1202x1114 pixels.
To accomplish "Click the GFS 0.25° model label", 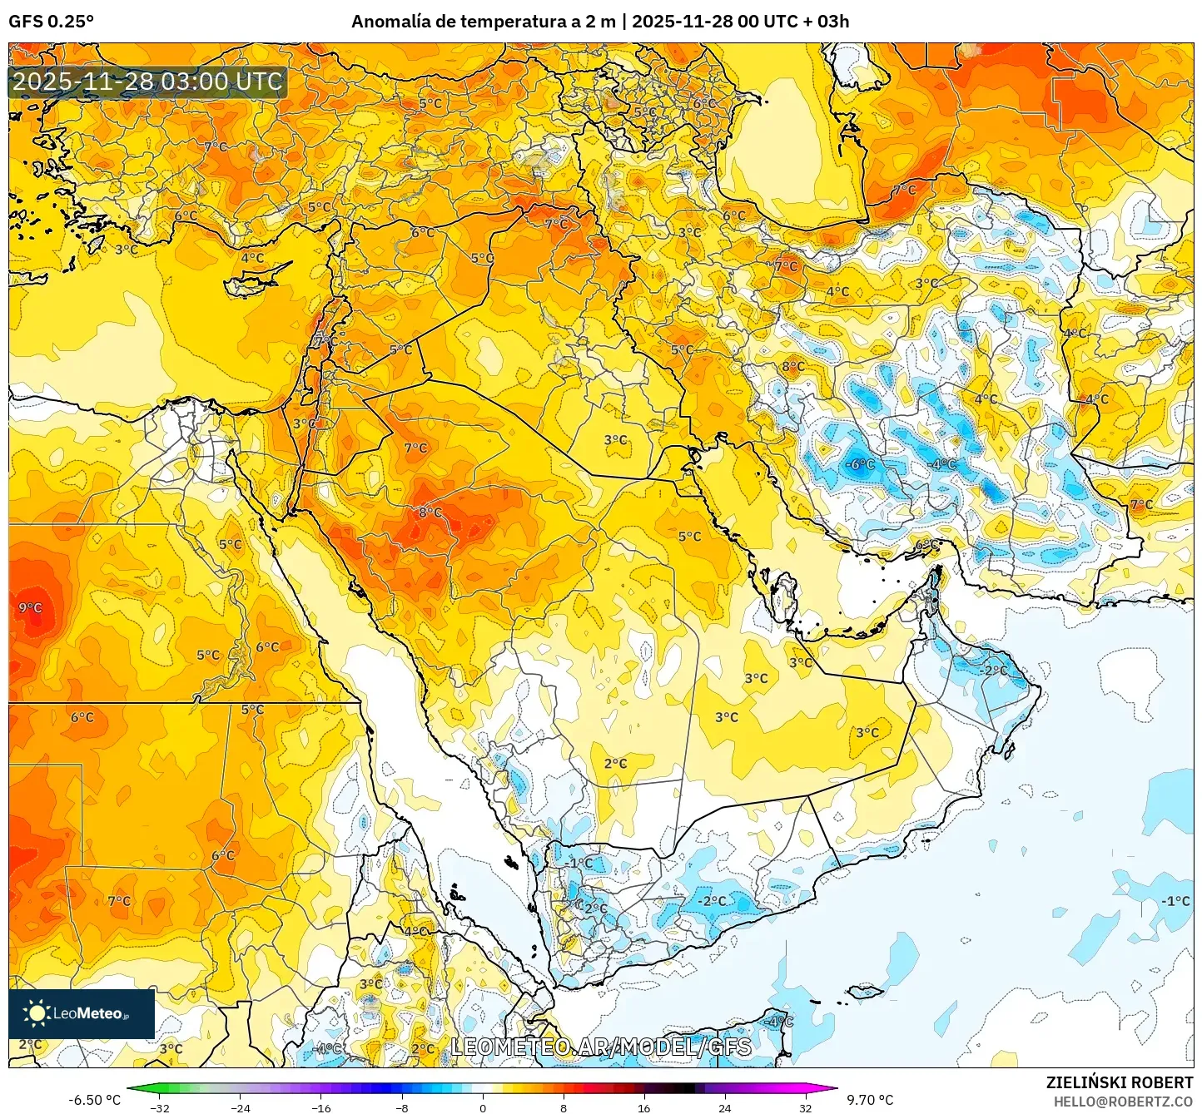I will [x=51, y=22].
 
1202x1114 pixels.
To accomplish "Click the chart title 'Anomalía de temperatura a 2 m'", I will [x=484, y=22].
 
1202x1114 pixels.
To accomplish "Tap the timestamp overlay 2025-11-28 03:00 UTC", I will [x=147, y=82].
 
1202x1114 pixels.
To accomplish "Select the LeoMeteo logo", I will [x=81, y=1013].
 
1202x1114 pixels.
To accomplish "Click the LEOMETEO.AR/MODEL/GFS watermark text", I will [x=601, y=1047].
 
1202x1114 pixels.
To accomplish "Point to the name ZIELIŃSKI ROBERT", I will [x=1119, y=1082].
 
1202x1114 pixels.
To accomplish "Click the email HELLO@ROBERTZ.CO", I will [x=1123, y=1102].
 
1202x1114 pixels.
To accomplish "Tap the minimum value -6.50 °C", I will [x=94, y=1100].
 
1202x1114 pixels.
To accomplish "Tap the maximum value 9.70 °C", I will [x=870, y=1100].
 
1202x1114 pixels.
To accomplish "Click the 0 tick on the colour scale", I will [x=483, y=1107].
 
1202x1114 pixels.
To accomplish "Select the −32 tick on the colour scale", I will [x=160, y=1107].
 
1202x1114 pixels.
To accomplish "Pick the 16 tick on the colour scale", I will [x=643, y=1107].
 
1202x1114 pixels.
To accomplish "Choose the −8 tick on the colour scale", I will [x=402, y=1107].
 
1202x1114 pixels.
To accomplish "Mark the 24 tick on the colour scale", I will [x=724, y=1107].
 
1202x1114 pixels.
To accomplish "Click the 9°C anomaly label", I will [x=30, y=608].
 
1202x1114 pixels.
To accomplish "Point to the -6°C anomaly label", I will [x=860, y=464].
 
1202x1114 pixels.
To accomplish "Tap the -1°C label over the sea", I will [x=1176, y=901].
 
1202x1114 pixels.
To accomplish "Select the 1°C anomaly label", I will [x=581, y=864].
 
